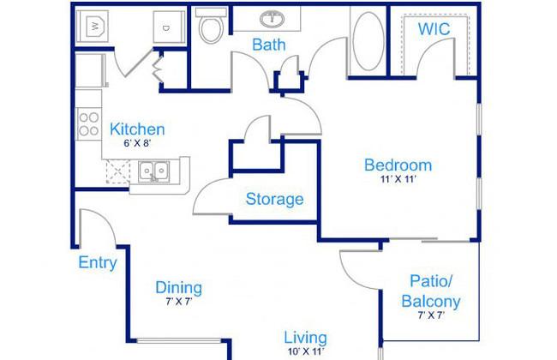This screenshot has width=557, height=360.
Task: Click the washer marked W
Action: click(93, 27)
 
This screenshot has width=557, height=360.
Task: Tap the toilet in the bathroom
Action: click(211, 26)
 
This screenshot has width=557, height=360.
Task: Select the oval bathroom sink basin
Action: click(273, 19)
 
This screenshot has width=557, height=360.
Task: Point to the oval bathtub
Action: click(368, 40)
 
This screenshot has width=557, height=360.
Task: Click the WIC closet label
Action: click(434, 29)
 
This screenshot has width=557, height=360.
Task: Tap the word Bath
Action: click(269, 45)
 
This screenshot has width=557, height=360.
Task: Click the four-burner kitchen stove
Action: click(89, 124)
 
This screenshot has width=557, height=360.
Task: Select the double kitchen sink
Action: click(153, 171)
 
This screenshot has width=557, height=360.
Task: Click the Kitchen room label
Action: click(137, 129)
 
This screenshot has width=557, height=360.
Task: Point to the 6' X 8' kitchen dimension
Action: click(137, 144)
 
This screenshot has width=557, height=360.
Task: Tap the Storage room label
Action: click(274, 200)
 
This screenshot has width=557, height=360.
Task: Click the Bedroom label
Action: click(398, 165)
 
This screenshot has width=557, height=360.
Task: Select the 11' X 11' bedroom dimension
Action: click(398, 179)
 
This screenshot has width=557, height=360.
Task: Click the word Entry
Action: click(98, 263)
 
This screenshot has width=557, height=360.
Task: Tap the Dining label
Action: click(179, 288)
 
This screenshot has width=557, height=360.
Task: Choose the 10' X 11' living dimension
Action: click(306, 351)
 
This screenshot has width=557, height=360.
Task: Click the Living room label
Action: click(306, 338)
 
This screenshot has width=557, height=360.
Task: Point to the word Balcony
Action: click(431, 302)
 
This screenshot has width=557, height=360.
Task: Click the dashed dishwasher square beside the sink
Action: click(118, 172)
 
